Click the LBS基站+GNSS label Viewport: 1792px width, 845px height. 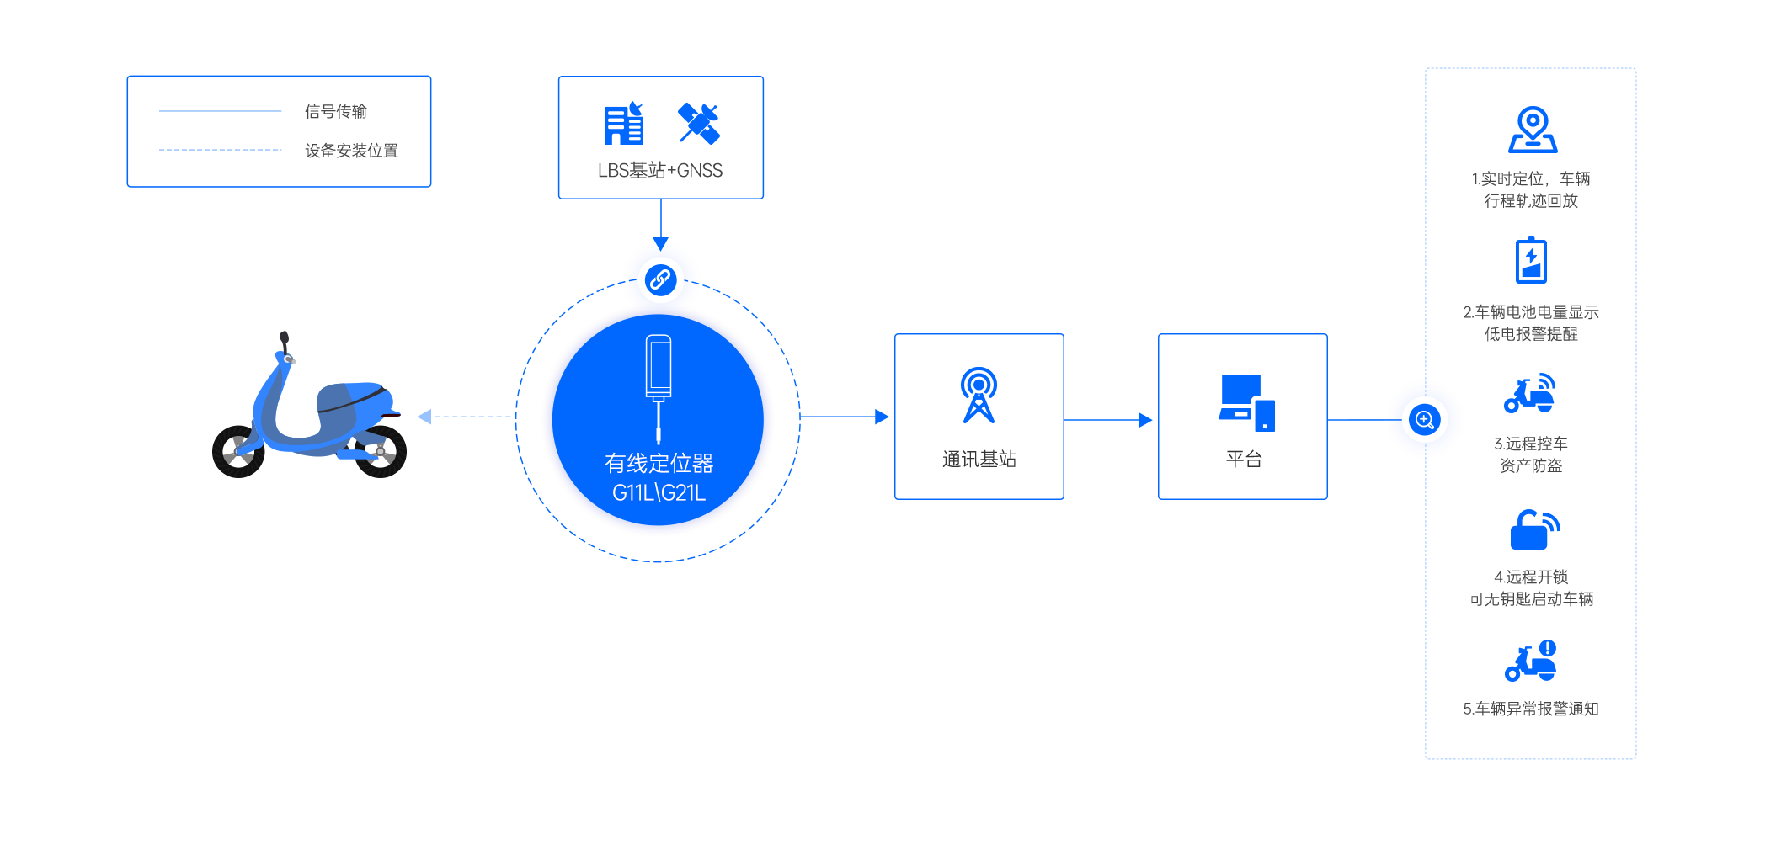(660, 171)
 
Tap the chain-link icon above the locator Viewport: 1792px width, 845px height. (661, 279)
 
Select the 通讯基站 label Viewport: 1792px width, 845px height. (979, 459)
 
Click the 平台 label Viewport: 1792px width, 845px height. (1244, 459)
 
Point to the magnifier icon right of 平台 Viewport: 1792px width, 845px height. (1425, 419)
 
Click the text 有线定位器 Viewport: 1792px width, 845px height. (659, 463)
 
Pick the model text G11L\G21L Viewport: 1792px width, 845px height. (659, 492)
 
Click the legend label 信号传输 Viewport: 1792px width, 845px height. (336, 111)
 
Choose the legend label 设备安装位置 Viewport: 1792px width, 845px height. (351, 151)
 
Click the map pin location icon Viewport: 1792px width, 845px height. (1533, 129)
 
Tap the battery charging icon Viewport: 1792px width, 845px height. (1531, 260)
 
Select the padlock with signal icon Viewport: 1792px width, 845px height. (1534, 529)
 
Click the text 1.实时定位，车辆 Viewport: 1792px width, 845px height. (1531, 178)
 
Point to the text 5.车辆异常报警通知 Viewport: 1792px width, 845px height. (1531, 709)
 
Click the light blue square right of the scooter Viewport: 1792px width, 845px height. (424, 416)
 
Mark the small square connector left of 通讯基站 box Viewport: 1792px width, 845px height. (883, 416)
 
